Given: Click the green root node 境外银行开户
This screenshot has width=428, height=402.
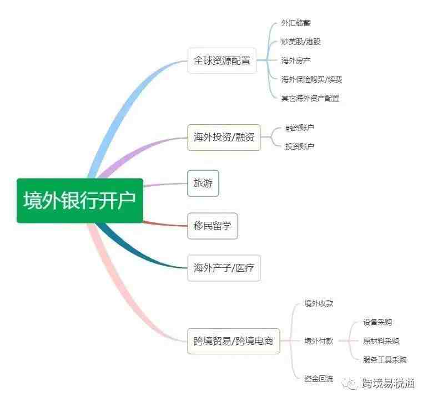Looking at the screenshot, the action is [x=80, y=201].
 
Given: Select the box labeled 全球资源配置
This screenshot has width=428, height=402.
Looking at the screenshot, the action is [x=222, y=60].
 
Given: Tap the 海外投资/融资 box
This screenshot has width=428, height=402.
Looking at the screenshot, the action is [x=224, y=137].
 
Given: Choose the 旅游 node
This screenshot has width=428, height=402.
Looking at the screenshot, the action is [x=203, y=183].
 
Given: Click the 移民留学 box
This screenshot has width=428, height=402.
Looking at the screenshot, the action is [x=213, y=226].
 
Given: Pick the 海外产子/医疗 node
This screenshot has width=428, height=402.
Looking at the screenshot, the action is [x=224, y=268].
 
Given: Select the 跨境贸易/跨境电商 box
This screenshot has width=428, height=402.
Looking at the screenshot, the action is [x=233, y=341].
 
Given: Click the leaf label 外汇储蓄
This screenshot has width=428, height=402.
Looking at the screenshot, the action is [x=296, y=23].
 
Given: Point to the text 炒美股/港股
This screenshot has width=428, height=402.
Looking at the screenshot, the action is [x=301, y=42].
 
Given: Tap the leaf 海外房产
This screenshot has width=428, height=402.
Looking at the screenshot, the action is [x=296, y=60].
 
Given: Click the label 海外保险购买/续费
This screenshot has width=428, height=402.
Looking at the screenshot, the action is [x=312, y=79].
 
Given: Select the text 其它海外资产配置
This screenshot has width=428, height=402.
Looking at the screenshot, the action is [x=310, y=98].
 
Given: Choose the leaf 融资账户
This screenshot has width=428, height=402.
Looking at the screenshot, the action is [x=300, y=128].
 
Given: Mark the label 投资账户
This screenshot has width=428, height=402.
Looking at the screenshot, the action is [x=300, y=146].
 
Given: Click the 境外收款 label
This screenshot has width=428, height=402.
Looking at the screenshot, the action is [x=319, y=303].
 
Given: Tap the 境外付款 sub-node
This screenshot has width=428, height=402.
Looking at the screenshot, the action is [x=319, y=341].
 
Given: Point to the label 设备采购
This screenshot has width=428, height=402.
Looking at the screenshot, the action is [x=377, y=322].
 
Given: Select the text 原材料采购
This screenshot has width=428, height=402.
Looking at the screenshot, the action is [x=381, y=341].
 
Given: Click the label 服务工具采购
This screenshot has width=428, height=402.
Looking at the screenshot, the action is [x=385, y=360].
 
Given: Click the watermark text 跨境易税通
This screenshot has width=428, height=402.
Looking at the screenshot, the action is [x=389, y=384].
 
